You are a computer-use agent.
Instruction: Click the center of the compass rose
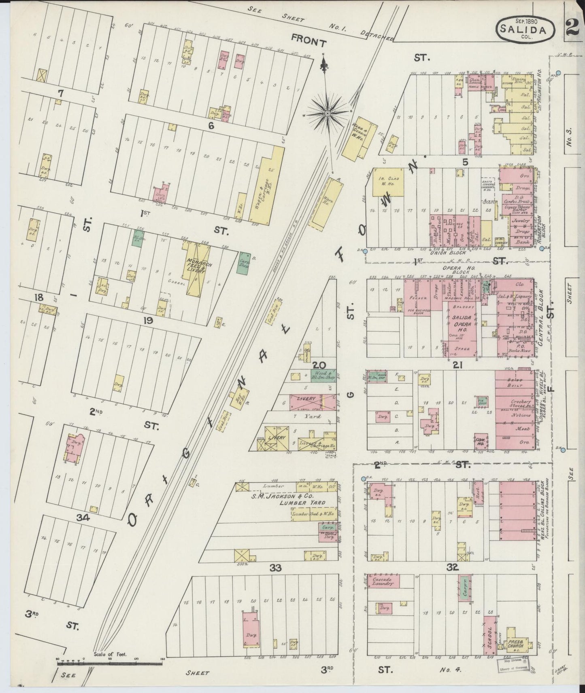tap(327, 114)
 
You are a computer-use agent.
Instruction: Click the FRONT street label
tap(309, 41)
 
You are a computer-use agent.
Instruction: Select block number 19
tap(147, 321)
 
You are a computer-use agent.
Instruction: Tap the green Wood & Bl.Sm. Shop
tap(323, 375)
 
